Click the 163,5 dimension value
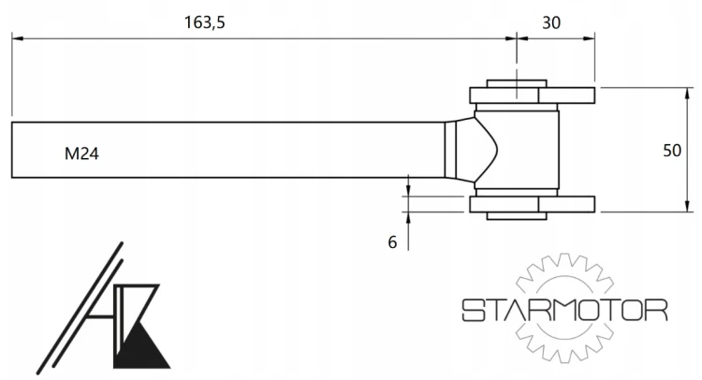pyautogui.click(x=205, y=22)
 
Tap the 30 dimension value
pyautogui.click(x=551, y=22)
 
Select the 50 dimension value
pyautogui.click(x=672, y=151)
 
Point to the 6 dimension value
pyautogui.click(x=392, y=242)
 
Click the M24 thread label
pyautogui.click(x=81, y=154)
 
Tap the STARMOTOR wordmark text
pyautogui.click(x=564, y=310)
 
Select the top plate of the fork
pyautogui.click(x=533, y=95)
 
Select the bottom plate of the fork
pyautogui.click(x=533, y=204)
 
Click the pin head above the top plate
pyautogui.click(x=517, y=83)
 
